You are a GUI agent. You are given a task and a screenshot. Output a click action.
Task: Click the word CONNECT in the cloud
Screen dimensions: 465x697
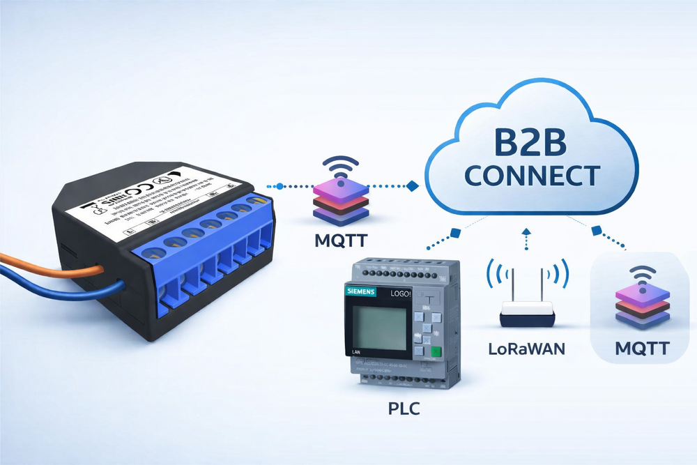[532, 176]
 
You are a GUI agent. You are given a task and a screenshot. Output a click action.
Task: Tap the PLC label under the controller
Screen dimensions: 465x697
[404, 409]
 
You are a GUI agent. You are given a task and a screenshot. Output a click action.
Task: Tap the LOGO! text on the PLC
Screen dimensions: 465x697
[395, 294]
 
